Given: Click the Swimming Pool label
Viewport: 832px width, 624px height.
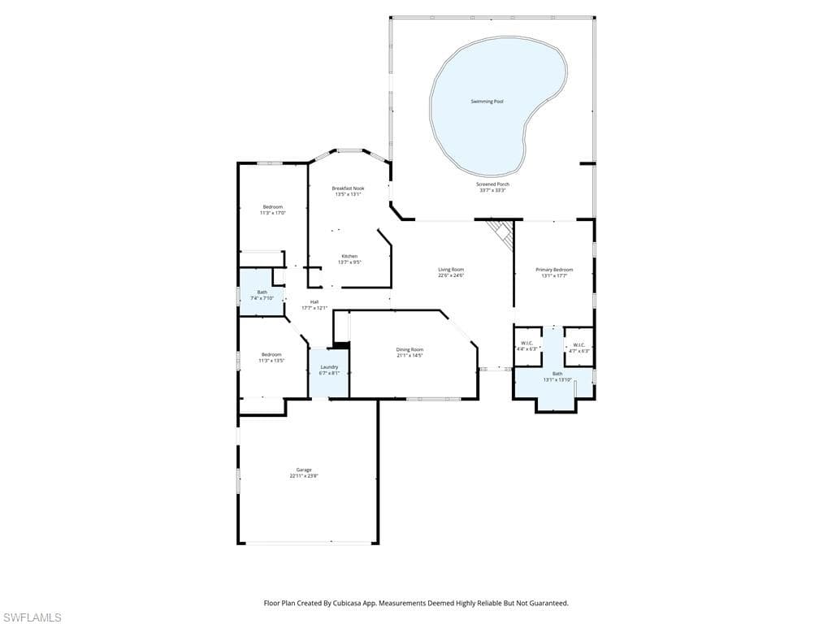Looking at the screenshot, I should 487,102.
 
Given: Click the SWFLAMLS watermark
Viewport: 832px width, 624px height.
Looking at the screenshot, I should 32,617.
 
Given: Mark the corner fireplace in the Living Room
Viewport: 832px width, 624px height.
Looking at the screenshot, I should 501,233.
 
